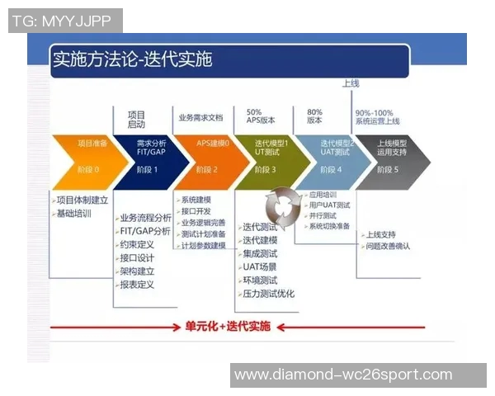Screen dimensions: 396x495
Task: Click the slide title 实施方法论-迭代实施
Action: coord(132,59)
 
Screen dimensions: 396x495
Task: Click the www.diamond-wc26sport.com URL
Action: coord(343,375)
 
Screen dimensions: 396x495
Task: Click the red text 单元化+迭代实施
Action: coord(227,326)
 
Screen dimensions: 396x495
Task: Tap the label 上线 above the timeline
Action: coord(351,83)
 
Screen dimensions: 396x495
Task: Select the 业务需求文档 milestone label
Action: coord(200,119)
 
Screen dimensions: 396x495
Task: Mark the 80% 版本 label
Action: coord(314,115)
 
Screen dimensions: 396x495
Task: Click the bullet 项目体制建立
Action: coord(82,200)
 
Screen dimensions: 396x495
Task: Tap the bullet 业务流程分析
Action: coord(145,219)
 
